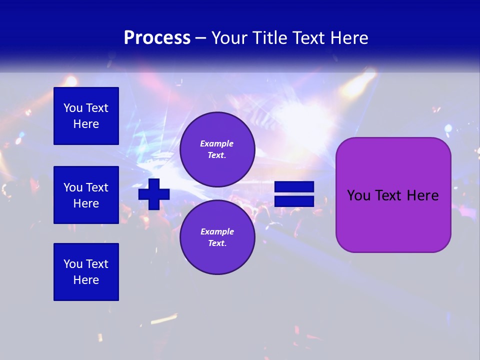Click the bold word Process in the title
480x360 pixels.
click(x=157, y=38)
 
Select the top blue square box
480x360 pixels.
click(x=86, y=116)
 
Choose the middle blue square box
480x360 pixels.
click(x=86, y=195)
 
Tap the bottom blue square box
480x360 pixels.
click(x=86, y=272)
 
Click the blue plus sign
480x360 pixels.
click(x=154, y=194)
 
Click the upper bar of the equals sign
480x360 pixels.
click(x=294, y=187)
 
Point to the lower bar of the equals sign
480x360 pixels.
click(x=294, y=201)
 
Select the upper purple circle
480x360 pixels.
click(x=217, y=149)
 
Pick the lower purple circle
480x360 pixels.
click(x=217, y=237)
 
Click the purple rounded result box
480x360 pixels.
click(x=393, y=195)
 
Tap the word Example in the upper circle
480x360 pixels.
click(x=217, y=143)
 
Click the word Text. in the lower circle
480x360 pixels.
click(x=217, y=243)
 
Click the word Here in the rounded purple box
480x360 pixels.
click(x=422, y=195)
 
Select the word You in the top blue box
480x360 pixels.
click(x=72, y=108)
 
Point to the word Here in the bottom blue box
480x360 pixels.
click(x=86, y=280)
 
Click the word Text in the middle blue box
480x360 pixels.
click(x=97, y=187)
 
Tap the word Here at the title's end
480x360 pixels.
click(x=350, y=38)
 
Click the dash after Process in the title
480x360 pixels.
click(x=200, y=38)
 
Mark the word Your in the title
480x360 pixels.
click(x=228, y=38)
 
